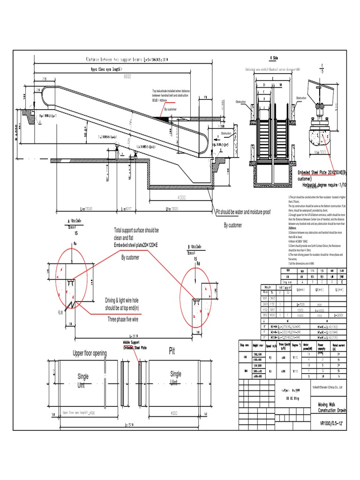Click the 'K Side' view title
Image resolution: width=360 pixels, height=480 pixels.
coord(274,58)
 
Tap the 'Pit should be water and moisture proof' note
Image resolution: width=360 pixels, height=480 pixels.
coord(243,212)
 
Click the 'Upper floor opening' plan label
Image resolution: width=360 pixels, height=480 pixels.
coord(89,353)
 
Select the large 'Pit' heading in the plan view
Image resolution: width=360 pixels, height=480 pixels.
coord(172,352)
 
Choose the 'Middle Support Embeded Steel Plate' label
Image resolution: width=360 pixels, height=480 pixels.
coord(135,345)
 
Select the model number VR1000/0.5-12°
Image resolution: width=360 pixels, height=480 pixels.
coord(332,424)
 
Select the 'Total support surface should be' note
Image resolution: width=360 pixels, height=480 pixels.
coord(136,231)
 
